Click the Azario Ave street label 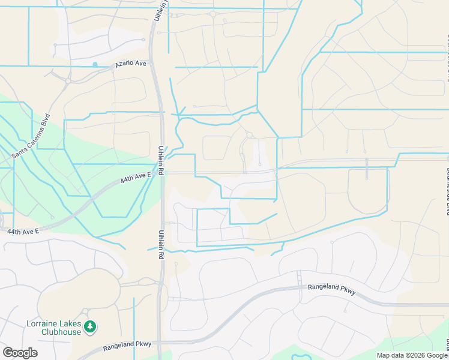(x=132, y=63)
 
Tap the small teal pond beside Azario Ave (x=95, y=64)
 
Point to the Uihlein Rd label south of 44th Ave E (x=161, y=243)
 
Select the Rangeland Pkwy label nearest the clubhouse (x=127, y=345)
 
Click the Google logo (x=20, y=353)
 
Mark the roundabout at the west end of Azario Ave (x=68, y=80)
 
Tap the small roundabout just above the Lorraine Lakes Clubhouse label (x=85, y=311)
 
